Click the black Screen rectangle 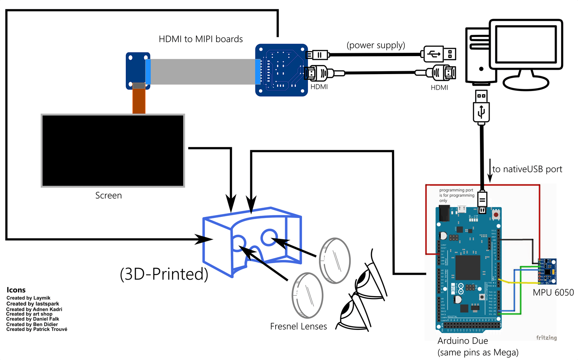click(113, 150)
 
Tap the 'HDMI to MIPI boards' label click(201, 39)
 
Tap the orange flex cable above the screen click(139, 101)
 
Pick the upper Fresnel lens click(335, 261)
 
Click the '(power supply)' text click(376, 45)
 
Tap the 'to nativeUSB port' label click(527, 169)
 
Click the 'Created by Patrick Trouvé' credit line click(37, 330)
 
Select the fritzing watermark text click(546, 338)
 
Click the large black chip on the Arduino click(468, 268)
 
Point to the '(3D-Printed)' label click(164, 274)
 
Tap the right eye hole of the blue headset click(269, 237)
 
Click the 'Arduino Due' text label click(462, 341)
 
